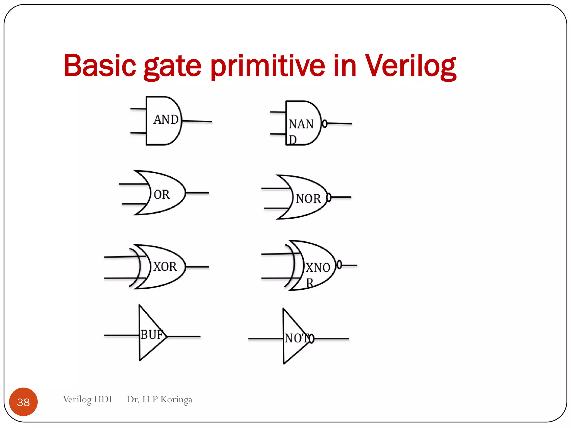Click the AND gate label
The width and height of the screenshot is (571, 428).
click(x=166, y=120)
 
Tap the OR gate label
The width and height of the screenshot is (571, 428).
click(x=162, y=194)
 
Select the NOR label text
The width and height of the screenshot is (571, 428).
click(x=308, y=199)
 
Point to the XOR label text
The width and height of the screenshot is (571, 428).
click(x=165, y=267)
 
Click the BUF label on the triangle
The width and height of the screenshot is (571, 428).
click(x=152, y=335)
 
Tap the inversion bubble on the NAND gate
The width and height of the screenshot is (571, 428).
click(x=325, y=123)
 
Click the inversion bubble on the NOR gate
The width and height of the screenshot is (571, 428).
click(x=329, y=197)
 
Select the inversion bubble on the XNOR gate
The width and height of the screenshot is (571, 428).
click(x=339, y=264)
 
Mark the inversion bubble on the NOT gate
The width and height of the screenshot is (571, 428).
click(x=311, y=339)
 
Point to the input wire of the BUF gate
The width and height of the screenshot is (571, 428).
click(x=122, y=335)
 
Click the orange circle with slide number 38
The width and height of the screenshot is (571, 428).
click(x=23, y=402)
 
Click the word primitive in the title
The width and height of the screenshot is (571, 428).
click(x=268, y=66)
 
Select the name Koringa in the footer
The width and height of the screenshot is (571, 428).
click(x=176, y=400)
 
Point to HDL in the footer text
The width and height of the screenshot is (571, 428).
click(x=104, y=399)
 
